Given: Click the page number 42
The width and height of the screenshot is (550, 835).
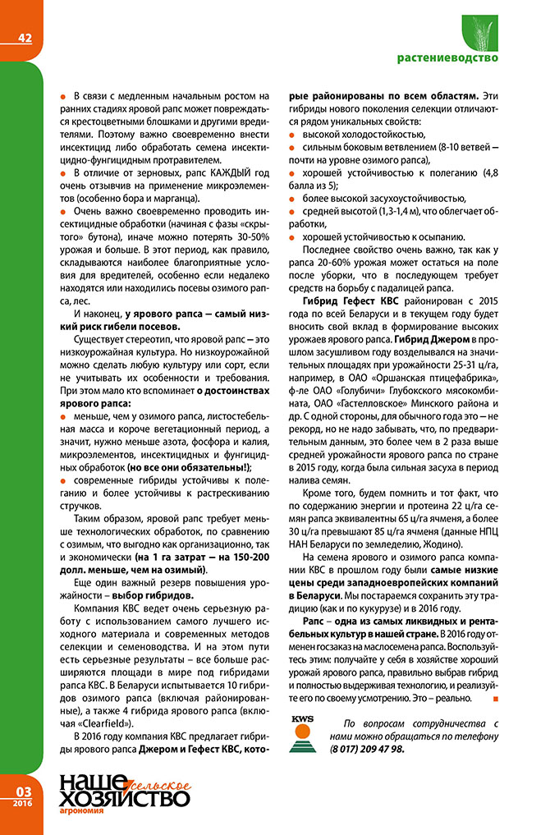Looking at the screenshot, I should (25, 37).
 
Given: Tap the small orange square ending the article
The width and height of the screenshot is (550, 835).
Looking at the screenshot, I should (493, 698).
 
